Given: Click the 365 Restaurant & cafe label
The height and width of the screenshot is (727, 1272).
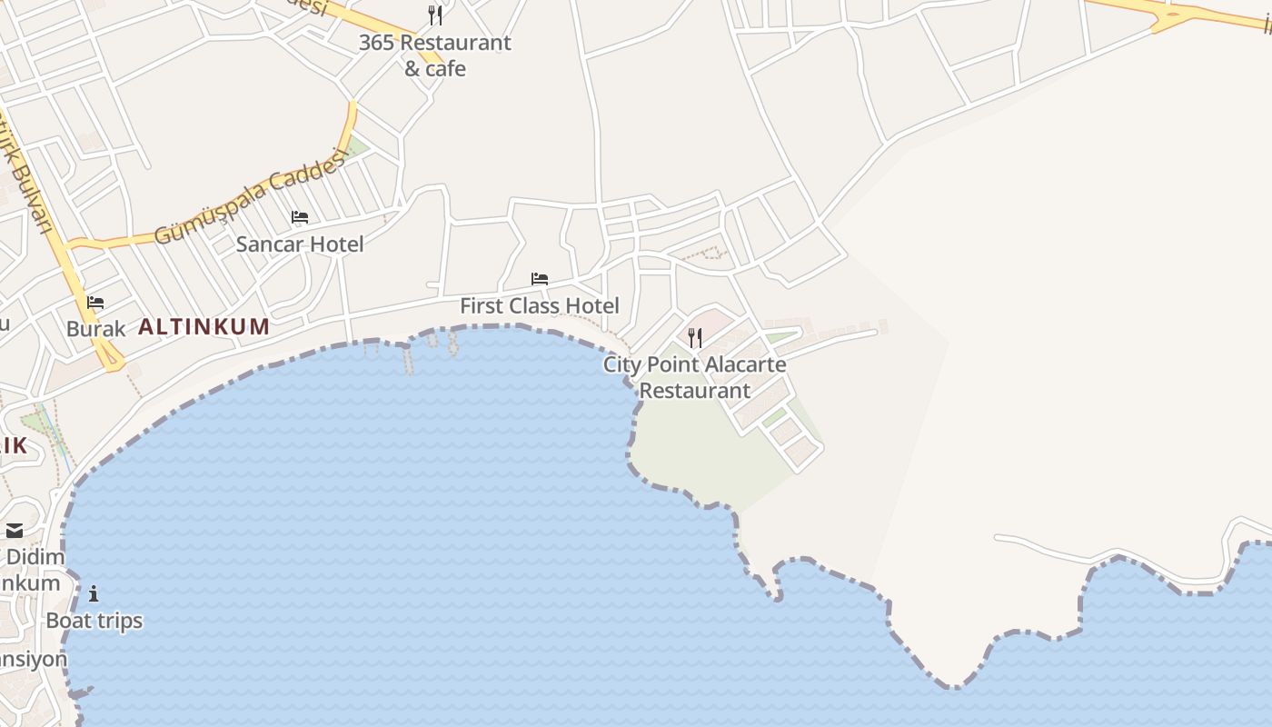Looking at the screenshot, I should point(434,55).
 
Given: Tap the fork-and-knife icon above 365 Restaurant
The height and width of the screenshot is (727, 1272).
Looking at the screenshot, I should point(435,15).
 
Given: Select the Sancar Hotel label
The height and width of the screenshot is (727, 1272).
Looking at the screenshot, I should point(300,244).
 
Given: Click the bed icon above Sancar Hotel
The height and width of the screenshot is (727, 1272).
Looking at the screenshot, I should point(300,217).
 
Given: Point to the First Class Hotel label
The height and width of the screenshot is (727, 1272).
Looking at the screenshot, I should point(539,305).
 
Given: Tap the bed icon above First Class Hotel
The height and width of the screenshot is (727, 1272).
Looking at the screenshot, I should point(540,279).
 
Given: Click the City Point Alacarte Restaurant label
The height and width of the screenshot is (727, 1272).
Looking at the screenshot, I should point(695,377).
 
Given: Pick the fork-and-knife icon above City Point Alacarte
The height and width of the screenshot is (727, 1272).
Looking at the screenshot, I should point(695,338).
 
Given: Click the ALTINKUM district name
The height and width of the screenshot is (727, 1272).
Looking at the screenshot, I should point(204,327).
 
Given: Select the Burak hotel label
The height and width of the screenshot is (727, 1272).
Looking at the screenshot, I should point(95,329).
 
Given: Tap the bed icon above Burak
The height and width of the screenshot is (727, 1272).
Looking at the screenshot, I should point(95,303).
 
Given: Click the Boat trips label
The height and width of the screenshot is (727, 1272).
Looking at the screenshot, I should point(94,621).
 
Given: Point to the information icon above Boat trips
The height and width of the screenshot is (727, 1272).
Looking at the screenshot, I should point(94,594).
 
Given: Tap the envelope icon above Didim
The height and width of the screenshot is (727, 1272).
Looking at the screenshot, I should point(15,531).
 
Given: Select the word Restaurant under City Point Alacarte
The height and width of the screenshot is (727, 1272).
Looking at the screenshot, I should point(695,391).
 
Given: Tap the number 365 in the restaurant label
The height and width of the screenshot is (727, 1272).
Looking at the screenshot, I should point(376,43).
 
